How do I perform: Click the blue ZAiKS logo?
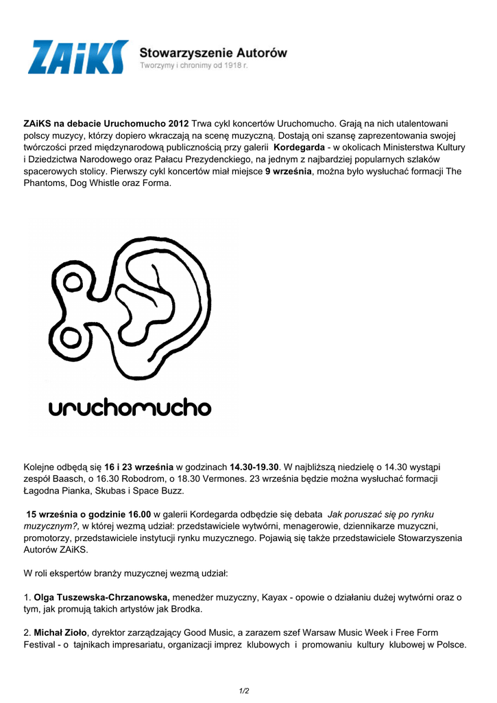77,56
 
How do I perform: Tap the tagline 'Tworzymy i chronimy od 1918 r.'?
193,65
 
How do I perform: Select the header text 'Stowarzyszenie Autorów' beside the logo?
213,51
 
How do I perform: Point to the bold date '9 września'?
289,171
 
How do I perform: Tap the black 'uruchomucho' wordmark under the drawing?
130,408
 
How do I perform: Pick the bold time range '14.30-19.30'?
254,468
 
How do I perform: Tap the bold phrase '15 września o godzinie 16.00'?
88,514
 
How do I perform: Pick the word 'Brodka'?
186,609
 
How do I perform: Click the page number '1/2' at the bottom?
243,691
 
